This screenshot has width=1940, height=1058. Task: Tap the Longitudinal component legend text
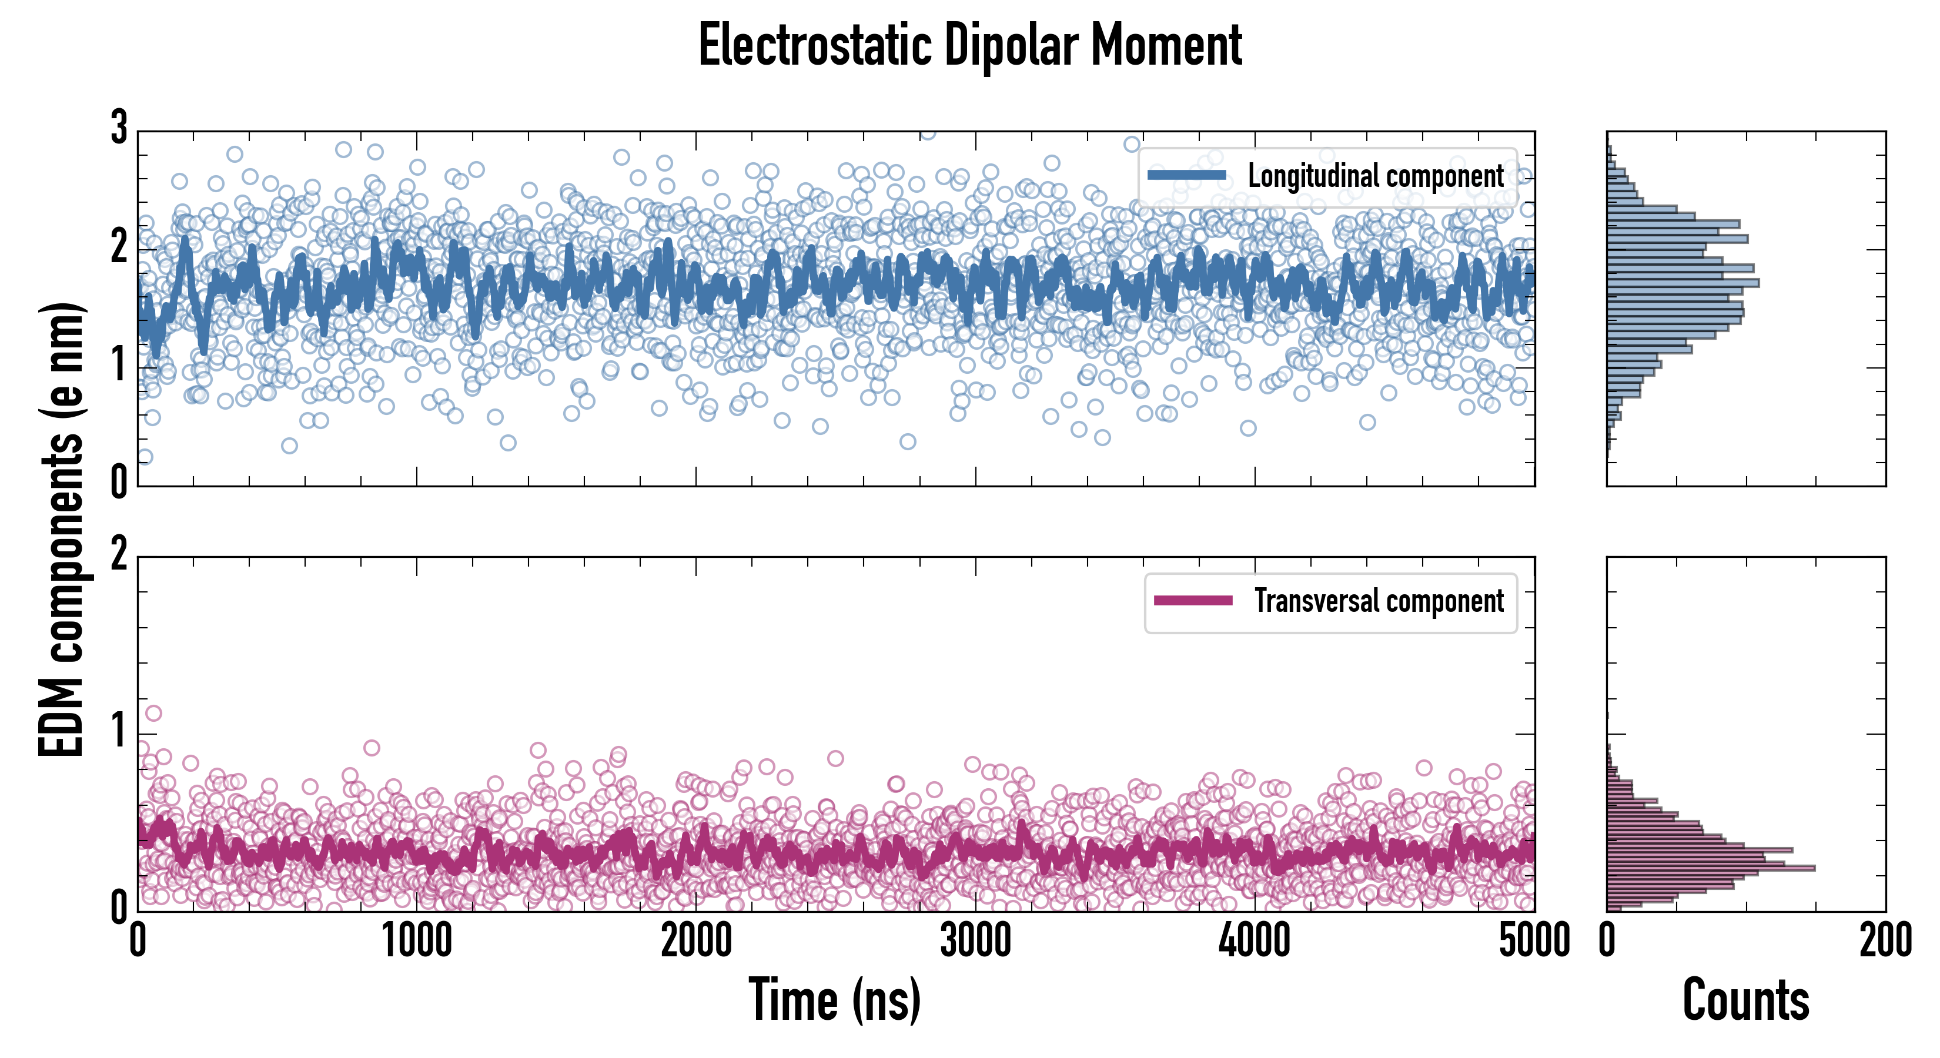click(1375, 176)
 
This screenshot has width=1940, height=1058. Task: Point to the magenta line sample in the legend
click(1193, 601)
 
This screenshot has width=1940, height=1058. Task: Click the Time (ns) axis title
click(834, 1000)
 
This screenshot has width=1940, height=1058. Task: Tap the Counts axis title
click(1745, 1000)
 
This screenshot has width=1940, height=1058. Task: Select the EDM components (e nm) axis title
click(62, 530)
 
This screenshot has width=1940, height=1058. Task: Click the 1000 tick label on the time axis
click(416, 941)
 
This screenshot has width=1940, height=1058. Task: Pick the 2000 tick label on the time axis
click(696, 941)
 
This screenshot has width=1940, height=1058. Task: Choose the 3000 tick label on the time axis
click(975, 941)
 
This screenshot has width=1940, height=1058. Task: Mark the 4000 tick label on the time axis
click(1255, 941)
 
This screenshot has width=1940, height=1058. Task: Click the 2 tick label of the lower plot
click(119, 555)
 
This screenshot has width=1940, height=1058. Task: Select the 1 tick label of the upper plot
click(119, 366)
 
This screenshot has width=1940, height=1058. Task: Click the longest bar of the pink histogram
click(1710, 868)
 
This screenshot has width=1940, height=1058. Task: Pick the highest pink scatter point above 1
click(153, 713)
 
